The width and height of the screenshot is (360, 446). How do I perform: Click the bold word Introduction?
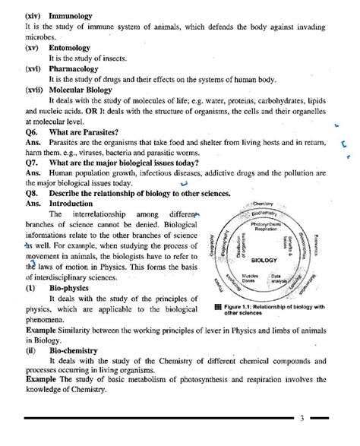click(x=73, y=204)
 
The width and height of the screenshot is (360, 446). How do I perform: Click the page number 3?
click(x=302, y=418)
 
